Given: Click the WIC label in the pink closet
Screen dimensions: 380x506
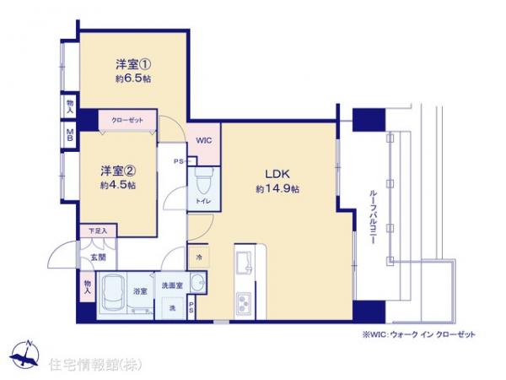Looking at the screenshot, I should (x=204, y=140).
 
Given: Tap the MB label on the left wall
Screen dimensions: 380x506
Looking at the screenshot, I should (x=69, y=135).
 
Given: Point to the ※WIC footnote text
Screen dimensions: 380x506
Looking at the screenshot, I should (x=406, y=334).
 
